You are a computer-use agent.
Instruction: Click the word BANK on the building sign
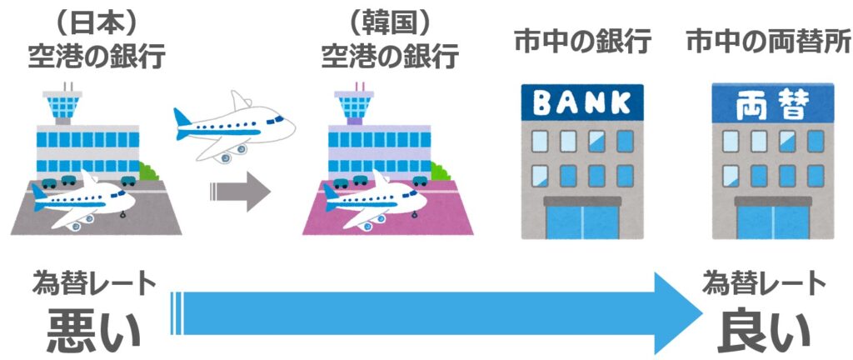[582, 103]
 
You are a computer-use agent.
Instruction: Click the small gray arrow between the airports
[241, 192]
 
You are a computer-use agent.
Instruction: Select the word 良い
[764, 330]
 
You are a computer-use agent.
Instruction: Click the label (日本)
[97, 19]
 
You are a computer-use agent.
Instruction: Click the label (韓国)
[391, 19]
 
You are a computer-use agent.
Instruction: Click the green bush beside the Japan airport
[149, 172]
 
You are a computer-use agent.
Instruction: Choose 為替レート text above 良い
[764, 284]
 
